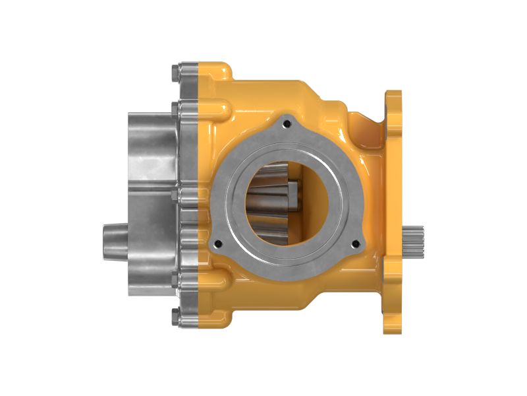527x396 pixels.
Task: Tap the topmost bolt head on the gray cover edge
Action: (x=175, y=70)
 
